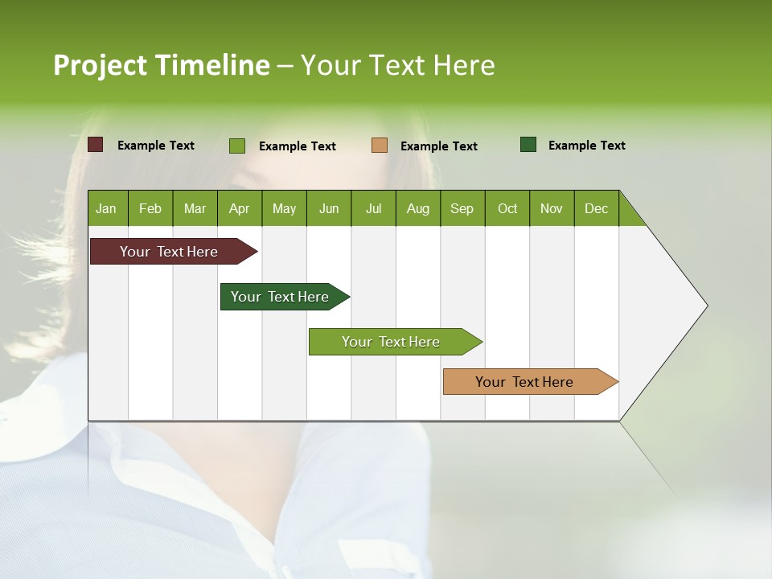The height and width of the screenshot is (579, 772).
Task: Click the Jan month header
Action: (x=107, y=208)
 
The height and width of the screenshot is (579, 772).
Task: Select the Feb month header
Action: (x=150, y=208)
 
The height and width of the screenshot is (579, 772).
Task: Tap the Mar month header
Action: (x=195, y=208)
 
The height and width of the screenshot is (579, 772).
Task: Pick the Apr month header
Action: (x=240, y=208)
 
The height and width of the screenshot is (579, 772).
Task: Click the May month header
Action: (x=284, y=208)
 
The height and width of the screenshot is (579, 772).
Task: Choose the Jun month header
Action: (x=329, y=208)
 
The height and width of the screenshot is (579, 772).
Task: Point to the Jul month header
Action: (x=373, y=208)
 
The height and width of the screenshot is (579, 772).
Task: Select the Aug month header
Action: (x=418, y=208)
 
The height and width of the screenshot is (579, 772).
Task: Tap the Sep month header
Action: (x=462, y=208)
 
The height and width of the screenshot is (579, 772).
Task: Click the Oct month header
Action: (x=507, y=208)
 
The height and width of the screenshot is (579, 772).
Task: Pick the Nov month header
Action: (x=552, y=208)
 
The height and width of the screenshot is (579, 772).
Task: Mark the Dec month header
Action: (x=597, y=208)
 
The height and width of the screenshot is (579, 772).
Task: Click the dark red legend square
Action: (x=96, y=145)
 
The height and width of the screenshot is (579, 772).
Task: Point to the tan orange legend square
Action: (x=380, y=146)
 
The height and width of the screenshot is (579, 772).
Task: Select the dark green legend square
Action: (x=528, y=145)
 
